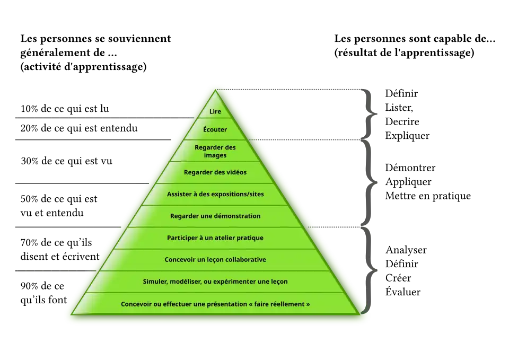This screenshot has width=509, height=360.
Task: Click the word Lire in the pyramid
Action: pos(215,112)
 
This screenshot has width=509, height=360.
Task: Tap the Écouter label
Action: pos(215,129)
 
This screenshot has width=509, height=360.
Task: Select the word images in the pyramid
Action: pos(215,155)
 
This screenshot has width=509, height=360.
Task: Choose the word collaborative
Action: pos(241,260)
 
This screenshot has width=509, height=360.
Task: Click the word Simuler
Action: pos(155,282)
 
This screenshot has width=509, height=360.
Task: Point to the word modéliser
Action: pos(185,282)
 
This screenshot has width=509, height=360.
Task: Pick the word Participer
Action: pos(183,238)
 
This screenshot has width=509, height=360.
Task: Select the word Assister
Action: pos(180,195)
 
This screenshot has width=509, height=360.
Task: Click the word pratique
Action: pos(250,238)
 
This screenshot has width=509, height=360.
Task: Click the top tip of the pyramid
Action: pos(215,86)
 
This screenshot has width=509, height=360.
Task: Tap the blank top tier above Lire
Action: pos(215,98)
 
